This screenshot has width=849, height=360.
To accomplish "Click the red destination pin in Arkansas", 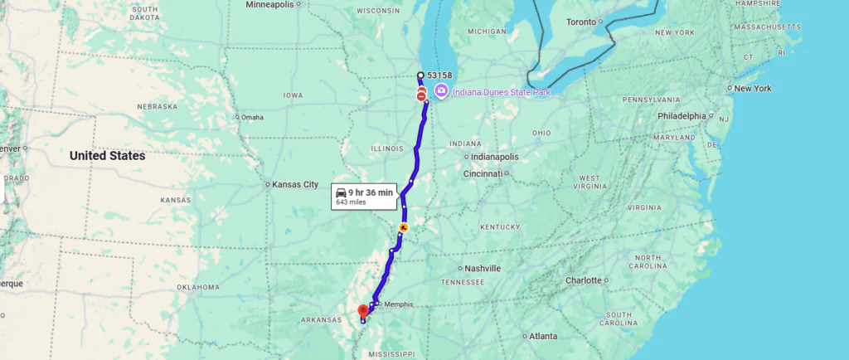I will point(362,311).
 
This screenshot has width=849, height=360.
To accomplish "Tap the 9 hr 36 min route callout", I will point(364,196).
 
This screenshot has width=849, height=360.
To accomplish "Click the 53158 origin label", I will point(439,75).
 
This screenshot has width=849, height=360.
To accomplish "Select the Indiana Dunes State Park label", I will point(501,92).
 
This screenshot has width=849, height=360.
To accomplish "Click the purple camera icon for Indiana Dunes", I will point(441,91).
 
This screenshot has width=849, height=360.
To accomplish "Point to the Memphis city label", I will point(398,304).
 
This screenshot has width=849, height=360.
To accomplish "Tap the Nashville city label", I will point(483,269).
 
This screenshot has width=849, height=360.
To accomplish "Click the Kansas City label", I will point(294,184).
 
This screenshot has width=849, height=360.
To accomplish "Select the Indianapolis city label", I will point(495,157).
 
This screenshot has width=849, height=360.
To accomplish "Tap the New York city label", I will point(752,88).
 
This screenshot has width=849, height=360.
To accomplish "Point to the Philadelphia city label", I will point(681,116).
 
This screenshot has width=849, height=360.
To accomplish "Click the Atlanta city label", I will point(544,336).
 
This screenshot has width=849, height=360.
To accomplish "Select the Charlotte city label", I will point(583,280).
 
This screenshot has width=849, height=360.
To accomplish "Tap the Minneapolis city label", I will point(269,5).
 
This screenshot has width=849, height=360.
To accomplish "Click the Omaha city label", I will point(251,118).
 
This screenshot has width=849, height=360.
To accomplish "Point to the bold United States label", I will point(107,156).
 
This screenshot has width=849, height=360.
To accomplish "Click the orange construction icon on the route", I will point(404,226).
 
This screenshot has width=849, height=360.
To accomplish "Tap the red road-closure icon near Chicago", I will point(422,96).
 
